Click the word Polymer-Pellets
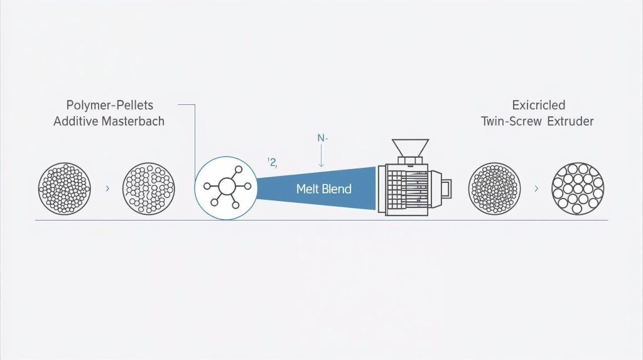(109, 106)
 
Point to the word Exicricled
(538, 105)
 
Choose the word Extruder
(570, 121)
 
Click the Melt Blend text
(323, 189)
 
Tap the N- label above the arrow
(322, 138)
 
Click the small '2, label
(273, 163)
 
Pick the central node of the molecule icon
(226, 187)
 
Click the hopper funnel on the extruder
(410, 148)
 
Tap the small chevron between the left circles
(107, 188)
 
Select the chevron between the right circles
(536, 188)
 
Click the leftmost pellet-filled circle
(65, 189)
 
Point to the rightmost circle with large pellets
(578, 189)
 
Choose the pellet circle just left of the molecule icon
(148, 189)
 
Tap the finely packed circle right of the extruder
(494, 189)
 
